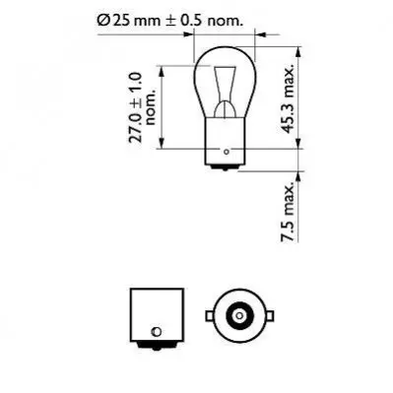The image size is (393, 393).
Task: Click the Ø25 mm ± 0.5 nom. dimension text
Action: coord(170,21)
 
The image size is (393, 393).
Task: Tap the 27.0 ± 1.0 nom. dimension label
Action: coord(142,107)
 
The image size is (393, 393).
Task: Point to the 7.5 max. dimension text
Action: coord(288,212)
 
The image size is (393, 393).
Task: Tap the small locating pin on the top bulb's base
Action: coord(226,152)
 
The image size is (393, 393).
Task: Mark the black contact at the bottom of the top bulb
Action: coord(226,167)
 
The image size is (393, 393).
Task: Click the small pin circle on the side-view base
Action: coord(157,331)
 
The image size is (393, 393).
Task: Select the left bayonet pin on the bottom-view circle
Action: coord(209,316)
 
